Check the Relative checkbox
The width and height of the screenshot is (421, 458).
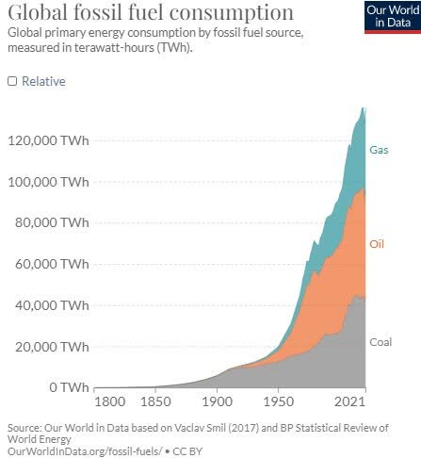(x=12, y=81)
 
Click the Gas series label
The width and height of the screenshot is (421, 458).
(x=379, y=150)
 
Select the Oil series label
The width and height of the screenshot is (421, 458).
(x=377, y=244)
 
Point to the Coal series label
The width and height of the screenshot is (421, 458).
(x=381, y=342)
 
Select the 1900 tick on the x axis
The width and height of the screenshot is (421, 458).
(x=218, y=403)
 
